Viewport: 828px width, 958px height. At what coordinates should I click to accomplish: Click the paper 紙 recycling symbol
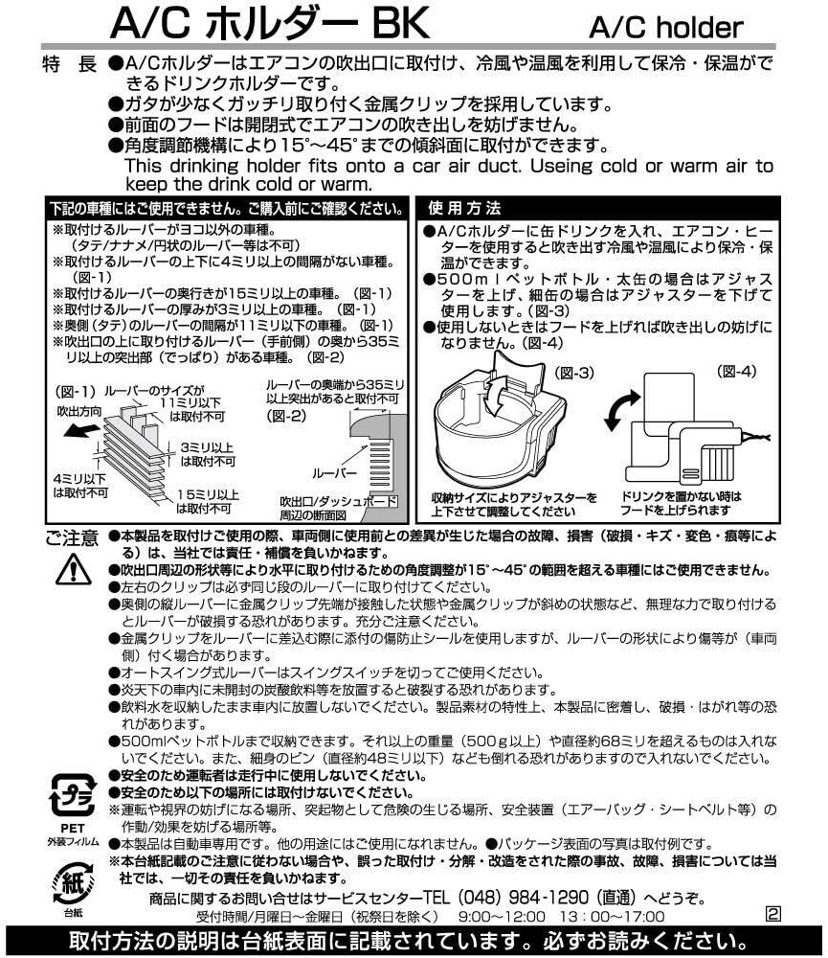click(x=70, y=879)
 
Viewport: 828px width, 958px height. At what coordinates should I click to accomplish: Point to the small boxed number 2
click(x=773, y=913)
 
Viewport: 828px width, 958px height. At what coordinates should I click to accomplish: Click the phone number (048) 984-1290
click(x=513, y=898)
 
